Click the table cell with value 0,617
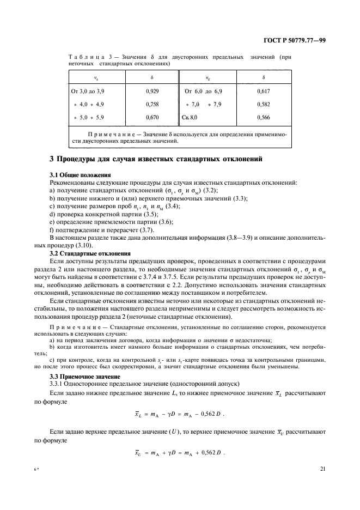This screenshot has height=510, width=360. point(263,93)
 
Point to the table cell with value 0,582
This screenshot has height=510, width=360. point(263,105)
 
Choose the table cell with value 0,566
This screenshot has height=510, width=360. point(263,117)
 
